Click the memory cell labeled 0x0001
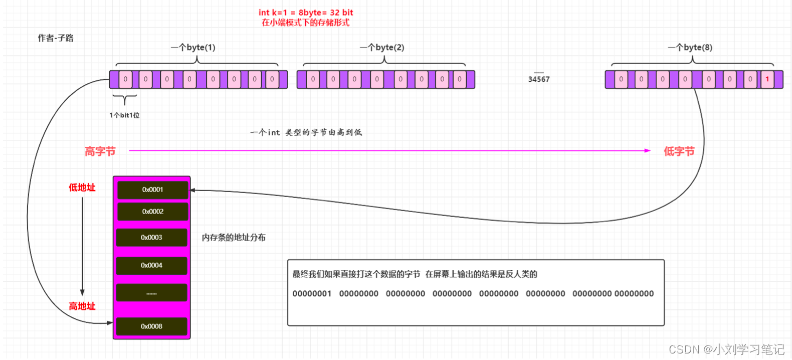(x=152, y=190)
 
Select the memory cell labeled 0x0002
(x=152, y=212)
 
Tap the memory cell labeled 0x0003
(x=151, y=238)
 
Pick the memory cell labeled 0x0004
(x=151, y=265)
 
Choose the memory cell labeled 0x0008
(x=151, y=326)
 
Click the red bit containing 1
(x=767, y=79)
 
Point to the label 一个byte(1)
(x=193, y=48)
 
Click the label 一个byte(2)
(x=382, y=48)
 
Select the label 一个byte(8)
(x=690, y=48)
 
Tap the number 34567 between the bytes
(x=539, y=79)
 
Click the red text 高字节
(x=100, y=151)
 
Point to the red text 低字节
(x=679, y=151)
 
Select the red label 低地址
(x=82, y=188)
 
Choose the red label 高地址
(x=82, y=306)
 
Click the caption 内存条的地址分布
(x=234, y=238)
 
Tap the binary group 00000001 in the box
(x=312, y=294)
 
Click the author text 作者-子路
(x=56, y=38)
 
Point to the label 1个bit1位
(x=124, y=115)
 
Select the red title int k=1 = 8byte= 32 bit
(x=306, y=13)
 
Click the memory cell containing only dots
(x=151, y=293)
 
